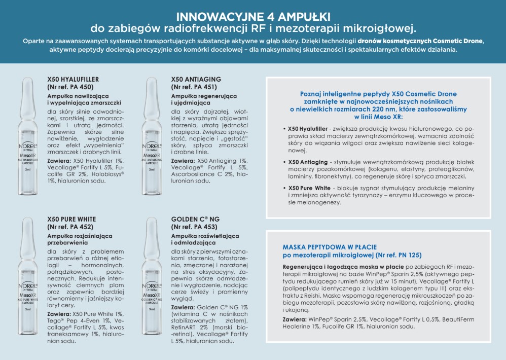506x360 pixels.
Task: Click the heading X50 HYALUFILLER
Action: (73, 79)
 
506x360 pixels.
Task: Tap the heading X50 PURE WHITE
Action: (71, 219)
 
